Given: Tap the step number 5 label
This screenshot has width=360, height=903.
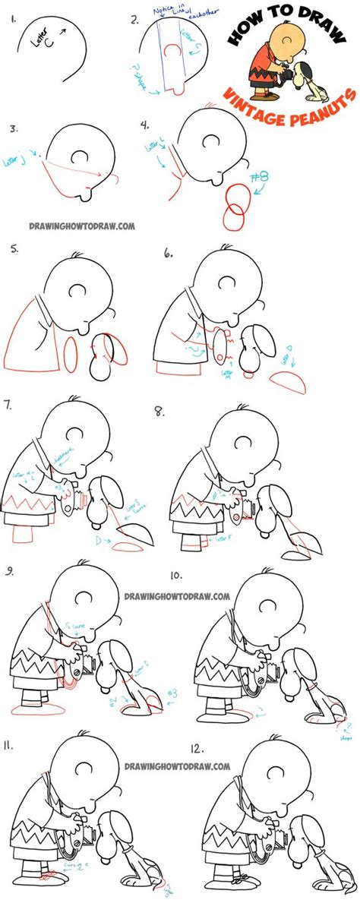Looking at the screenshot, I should (x=13, y=250).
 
